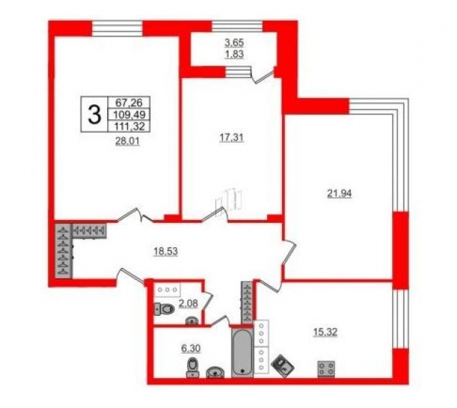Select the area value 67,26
click(x=124, y=103)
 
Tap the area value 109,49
click(x=124, y=114)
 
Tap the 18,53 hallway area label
click(x=168, y=251)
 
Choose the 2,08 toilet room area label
click(x=186, y=304)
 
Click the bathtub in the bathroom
click(x=243, y=352)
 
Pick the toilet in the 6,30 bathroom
click(x=192, y=368)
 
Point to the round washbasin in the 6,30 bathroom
click(x=215, y=371)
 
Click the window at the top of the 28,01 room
click(x=117, y=29)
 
